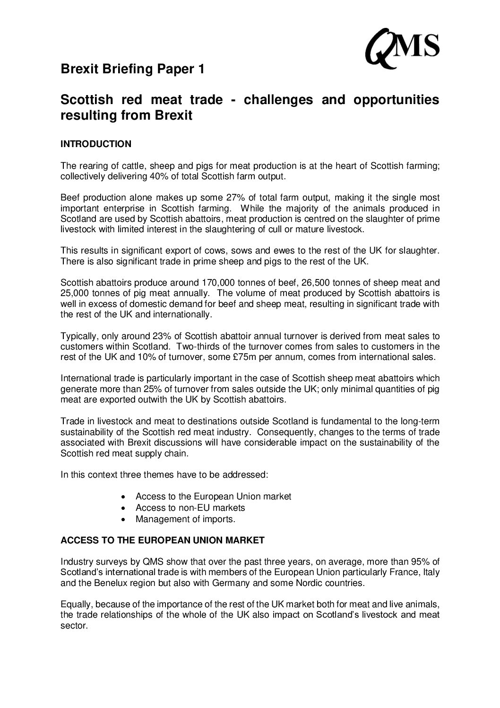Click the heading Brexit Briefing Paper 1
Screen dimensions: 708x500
(x=133, y=70)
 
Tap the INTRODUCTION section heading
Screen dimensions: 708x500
(x=96, y=144)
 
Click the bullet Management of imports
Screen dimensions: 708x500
(x=185, y=519)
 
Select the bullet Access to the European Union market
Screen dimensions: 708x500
(x=213, y=497)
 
